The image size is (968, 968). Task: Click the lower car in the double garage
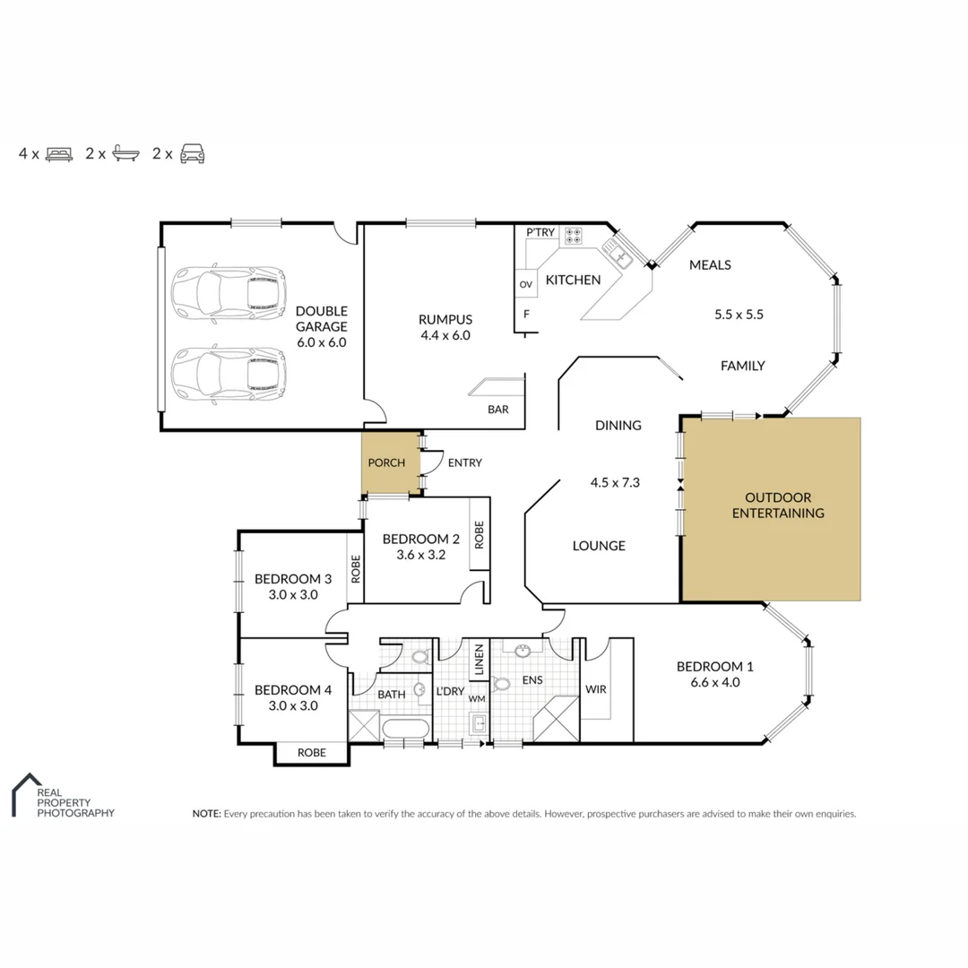coord(229,374)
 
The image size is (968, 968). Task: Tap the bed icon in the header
coord(58,153)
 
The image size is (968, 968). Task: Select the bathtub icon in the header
coord(125,153)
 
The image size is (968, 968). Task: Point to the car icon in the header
coord(192,153)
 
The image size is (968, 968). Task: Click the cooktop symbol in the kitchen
coord(574,237)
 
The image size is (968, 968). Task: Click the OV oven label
coord(525,284)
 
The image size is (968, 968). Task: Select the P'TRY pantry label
coord(540,233)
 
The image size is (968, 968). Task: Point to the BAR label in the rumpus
coord(498,410)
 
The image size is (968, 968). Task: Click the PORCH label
coord(387,462)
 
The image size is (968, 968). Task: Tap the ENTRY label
coord(464,462)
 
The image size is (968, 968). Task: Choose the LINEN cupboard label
coord(480,660)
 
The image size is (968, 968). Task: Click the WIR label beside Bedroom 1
coord(596,689)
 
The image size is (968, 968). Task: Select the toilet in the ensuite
coord(502,684)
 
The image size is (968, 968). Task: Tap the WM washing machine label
coord(476,698)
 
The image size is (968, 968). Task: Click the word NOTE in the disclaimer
coord(206,814)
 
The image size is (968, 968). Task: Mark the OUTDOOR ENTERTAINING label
coord(778,506)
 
